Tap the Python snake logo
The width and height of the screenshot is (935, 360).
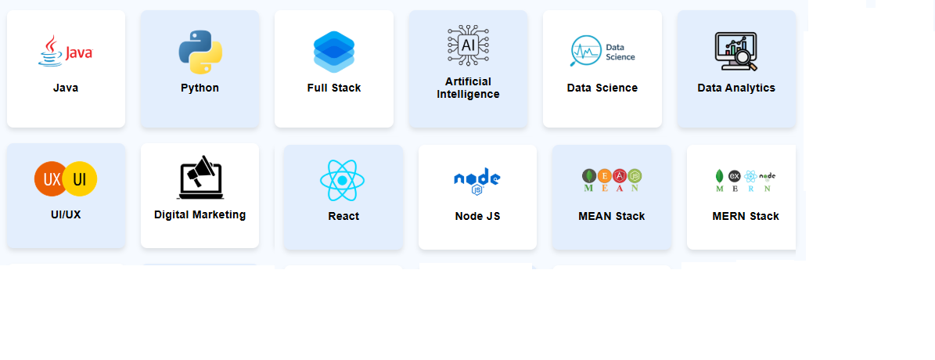pyautogui.click(x=200, y=52)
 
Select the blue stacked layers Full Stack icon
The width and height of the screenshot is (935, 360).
pyautogui.click(x=334, y=52)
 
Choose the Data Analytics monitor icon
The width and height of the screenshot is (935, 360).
pyautogui.click(x=735, y=52)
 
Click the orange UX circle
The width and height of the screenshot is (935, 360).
pyautogui.click(x=51, y=179)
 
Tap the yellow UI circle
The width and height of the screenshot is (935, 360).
pyautogui.click(x=80, y=179)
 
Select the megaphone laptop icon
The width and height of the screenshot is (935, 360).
pyautogui.click(x=200, y=177)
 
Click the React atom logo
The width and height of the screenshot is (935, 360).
pyautogui.click(x=343, y=181)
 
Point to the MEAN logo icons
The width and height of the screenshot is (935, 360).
pyautogui.click(x=612, y=180)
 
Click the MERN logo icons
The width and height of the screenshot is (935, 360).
pyautogui.click(x=746, y=180)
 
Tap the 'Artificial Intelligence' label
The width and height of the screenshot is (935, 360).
pyautogui.click(x=468, y=88)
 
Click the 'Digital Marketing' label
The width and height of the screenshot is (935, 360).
pyautogui.click(x=200, y=214)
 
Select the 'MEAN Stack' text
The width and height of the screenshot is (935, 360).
pyautogui.click(x=612, y=216)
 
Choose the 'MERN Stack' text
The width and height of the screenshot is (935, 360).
pyautogui.click(x=746, y=216)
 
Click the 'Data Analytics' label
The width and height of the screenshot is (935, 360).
pyautogui.click(x=736, y=88)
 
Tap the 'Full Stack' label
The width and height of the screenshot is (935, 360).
pyautogui.click(x=334, y=88)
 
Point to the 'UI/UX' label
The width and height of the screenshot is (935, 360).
pyautogui.click(x=66, y=214)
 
